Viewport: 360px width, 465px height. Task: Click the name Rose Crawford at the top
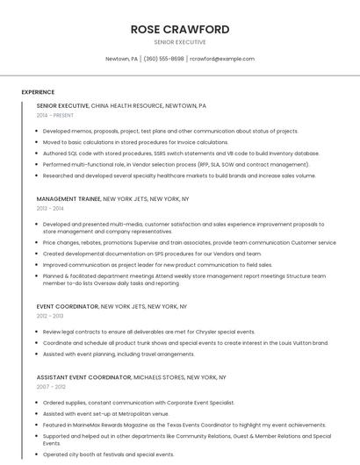179,29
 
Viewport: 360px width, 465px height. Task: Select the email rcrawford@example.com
222,59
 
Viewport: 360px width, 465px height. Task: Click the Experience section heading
38,92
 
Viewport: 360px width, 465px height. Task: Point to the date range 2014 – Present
55,115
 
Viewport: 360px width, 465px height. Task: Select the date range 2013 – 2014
50,209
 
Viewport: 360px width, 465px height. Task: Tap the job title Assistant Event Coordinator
83,376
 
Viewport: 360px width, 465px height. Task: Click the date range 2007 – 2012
50,386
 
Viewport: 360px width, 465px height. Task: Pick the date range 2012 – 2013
50,315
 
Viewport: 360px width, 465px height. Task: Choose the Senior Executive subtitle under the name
179,41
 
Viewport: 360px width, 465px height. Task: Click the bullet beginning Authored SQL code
180,153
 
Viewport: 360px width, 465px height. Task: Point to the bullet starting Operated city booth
108,454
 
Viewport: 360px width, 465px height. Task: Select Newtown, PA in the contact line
121,59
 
